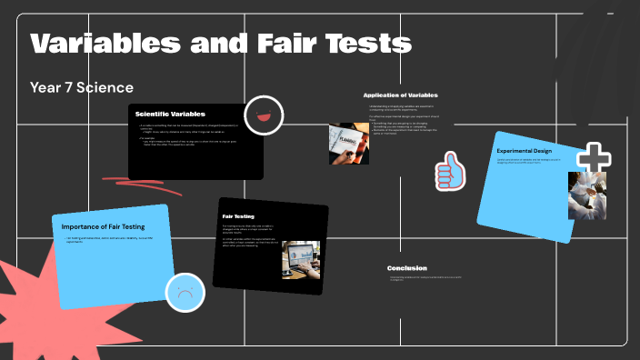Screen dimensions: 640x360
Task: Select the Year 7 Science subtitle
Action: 82,87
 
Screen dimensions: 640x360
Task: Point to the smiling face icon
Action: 265,115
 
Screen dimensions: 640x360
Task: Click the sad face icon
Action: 185,293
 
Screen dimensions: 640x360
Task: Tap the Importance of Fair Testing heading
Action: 105,225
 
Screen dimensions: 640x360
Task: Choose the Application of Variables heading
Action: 400,95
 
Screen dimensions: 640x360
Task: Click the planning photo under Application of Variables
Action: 348,144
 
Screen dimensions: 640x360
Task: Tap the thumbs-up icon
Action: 449,171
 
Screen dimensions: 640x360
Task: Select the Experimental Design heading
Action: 524,150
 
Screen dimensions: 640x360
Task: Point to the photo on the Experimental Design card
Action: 586,196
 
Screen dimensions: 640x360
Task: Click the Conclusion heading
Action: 406,268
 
